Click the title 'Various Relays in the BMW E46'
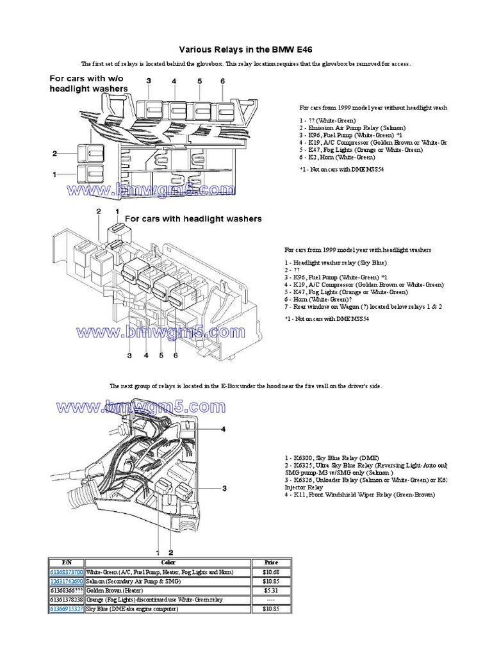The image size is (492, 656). point(245,49)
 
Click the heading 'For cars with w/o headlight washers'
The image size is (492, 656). point(89,83)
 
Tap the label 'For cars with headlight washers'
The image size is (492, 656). point(193,218)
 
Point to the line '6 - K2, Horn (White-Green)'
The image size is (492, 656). point(336,156)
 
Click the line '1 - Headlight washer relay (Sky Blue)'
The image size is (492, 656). point(336,263)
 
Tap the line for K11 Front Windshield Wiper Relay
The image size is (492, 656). point(359,495)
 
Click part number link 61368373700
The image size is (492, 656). point(66,571)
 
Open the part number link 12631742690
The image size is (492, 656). point(66,581)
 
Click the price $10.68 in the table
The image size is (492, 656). point(272,571)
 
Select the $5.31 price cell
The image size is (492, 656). point(272,590)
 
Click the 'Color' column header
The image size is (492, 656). point(168,562)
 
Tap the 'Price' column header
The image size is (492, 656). point(272,562)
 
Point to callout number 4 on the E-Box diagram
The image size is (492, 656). point(223,429)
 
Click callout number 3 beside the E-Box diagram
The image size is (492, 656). point(224,489)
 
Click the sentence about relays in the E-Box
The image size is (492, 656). point(246,386)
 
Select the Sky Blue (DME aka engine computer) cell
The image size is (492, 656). point(132,609)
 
